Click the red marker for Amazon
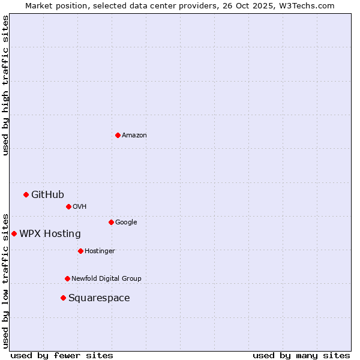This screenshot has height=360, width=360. [118, 135]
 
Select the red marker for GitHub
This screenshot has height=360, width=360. [26, 194]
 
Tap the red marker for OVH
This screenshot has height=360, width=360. [68, 206]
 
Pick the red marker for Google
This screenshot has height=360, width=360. [111, 222]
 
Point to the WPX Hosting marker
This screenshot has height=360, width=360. [14, 233]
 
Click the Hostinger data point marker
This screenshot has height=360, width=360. [80, 251]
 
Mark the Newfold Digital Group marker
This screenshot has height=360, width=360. [67, 278]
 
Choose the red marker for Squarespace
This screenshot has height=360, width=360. [63, 298]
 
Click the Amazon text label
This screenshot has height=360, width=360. [134, 136]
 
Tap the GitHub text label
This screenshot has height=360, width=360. [47, 194]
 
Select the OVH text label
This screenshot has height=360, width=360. [80, 207]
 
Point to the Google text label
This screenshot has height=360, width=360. [126, 223]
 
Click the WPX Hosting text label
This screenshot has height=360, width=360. [50, 234]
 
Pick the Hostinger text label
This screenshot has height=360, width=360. [100, 251]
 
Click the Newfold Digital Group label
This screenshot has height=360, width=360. [106, 279]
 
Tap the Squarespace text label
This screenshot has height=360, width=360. [99, 298]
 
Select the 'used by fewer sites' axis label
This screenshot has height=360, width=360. [62, 355]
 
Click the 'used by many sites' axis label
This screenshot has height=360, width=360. [301, 355]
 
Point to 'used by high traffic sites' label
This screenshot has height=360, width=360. [6, 85]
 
